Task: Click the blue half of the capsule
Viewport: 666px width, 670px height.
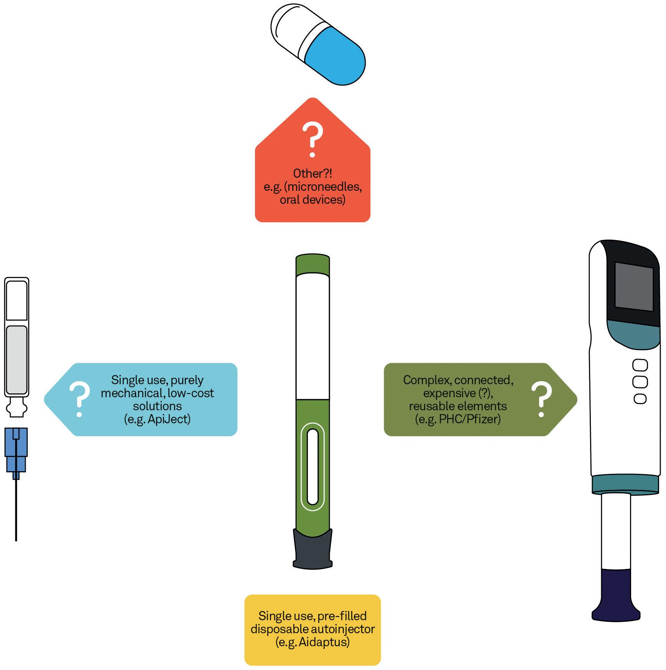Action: (337, 57)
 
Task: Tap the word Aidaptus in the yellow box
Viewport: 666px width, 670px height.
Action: (324, 642)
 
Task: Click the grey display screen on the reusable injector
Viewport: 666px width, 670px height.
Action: (634, 287)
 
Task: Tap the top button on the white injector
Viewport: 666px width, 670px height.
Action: (640, 365)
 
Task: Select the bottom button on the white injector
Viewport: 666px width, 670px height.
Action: (640, 399)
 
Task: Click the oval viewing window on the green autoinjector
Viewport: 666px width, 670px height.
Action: (312, 467)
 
